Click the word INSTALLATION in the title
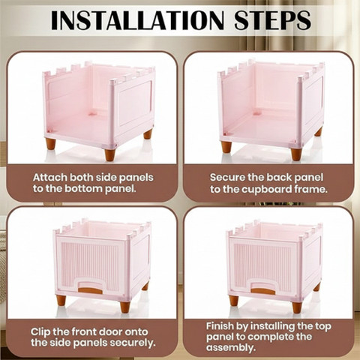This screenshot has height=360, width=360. coord(137,20)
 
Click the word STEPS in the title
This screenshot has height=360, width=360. coord(272,20)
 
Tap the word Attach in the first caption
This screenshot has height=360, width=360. coord(50,178)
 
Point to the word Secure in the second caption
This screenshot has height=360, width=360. coord(227,178)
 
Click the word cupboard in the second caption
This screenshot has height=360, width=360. coord(266,189)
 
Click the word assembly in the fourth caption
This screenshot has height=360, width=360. coord(230,348)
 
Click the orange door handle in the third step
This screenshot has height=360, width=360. coord(90,290)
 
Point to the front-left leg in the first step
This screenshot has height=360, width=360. coord(50,144)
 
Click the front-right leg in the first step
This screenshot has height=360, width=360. coord(110,155)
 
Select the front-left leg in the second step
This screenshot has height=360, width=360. coord(226,147)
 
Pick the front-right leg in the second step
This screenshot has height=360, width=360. coord(296,154)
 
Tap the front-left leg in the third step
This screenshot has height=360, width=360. coord(61,301)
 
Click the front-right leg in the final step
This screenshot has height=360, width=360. coord(297,307)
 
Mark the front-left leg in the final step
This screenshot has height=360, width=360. coord(234,301)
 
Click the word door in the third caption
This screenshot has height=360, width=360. coord(111,332)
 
